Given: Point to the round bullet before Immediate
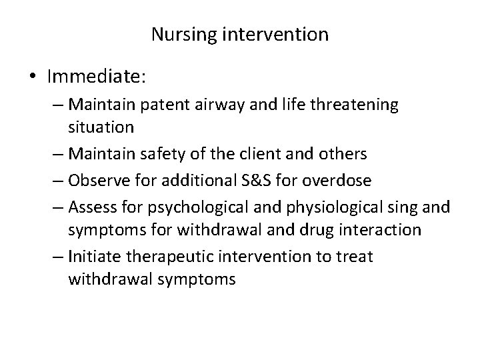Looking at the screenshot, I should pos(32,77).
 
